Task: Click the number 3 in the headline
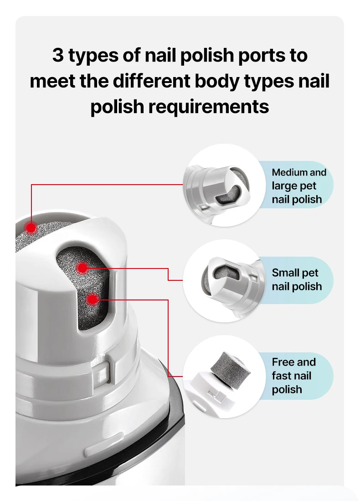(58, 56)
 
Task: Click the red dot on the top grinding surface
(31, 227)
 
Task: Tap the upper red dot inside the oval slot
(82, 268)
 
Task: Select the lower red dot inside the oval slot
(93, 300)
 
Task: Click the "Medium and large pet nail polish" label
(298, 186)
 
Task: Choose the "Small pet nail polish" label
(297, 279)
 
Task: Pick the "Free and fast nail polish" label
(293, 376)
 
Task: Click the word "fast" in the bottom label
(282, 376)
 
